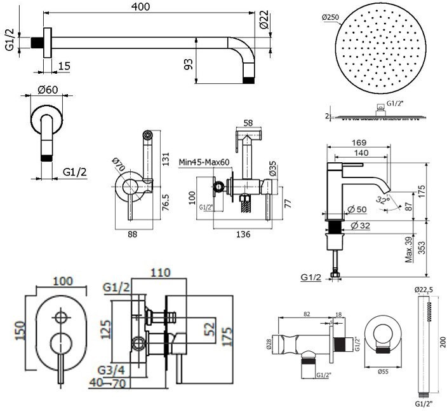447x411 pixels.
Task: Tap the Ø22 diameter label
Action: pyautogui.click(x=265, y=22)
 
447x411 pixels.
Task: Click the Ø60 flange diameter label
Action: pyautogui.click(x=47, y=90)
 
